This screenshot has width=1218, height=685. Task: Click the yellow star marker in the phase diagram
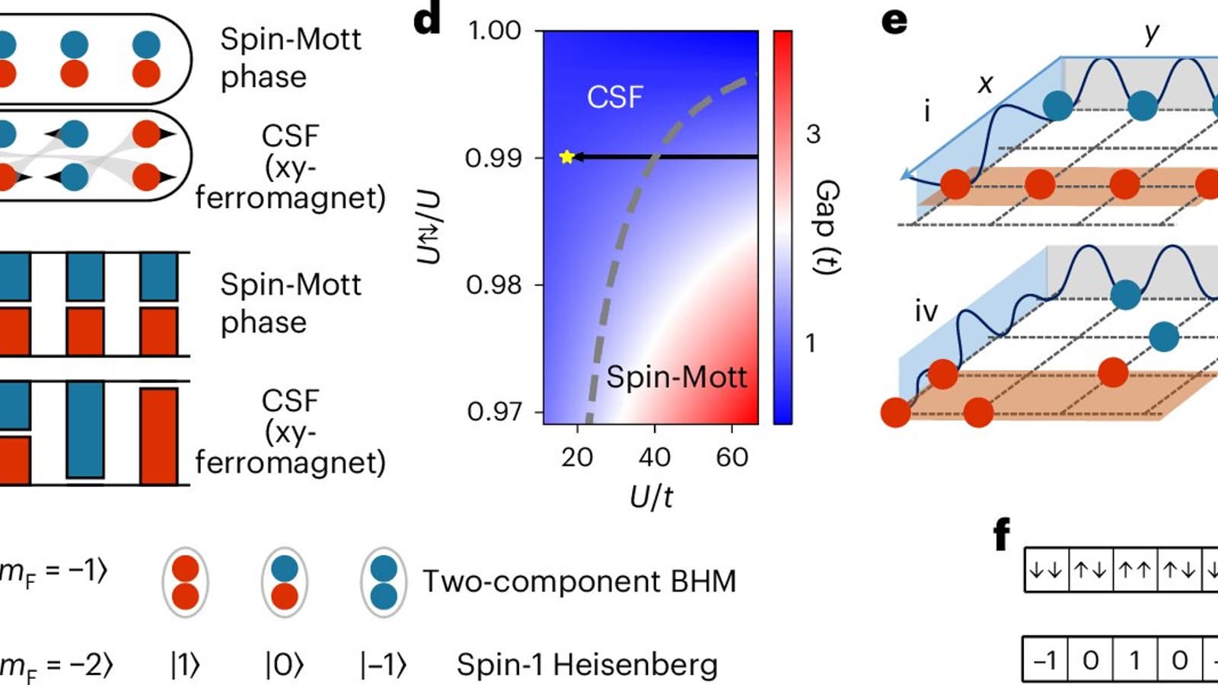tap(566, 157)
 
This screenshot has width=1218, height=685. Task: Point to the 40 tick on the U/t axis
tap(654, 457)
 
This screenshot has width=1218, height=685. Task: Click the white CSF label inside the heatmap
tap(615, 97)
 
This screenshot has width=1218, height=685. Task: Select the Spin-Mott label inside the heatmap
tap(676, 378)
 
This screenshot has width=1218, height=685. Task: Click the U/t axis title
tap(652, 497)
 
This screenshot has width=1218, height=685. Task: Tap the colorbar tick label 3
tap(813, 134)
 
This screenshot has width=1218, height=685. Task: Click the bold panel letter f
tap(1002, 534)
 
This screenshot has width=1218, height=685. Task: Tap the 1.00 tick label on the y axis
tap(494, 31)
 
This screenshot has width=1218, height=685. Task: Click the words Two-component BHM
tap(579, 581)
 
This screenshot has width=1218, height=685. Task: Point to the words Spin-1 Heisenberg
tap(587, 664)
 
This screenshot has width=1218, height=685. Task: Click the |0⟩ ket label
tap(284, 664)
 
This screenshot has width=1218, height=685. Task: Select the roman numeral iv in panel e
tap(926, 311)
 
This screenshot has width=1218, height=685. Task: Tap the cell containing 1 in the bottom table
tap(1134, 660)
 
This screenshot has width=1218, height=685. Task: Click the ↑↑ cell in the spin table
tap(1134, 570)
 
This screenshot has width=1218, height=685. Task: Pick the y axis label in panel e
tap(1152, 33)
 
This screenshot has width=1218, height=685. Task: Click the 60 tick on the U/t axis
tap(732, 457)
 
